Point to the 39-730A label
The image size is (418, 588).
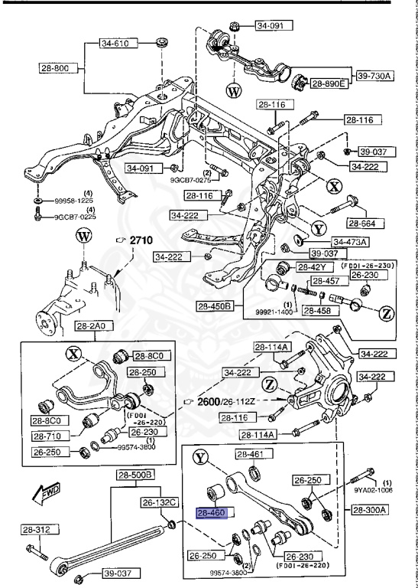372,75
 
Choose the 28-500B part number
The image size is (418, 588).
136,475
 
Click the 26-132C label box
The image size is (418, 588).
159,502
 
